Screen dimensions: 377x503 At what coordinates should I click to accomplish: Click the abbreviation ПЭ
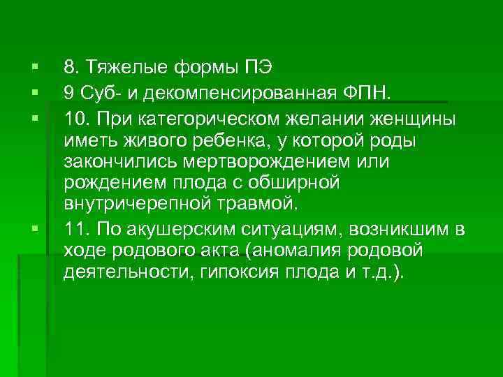click(258, 68)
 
